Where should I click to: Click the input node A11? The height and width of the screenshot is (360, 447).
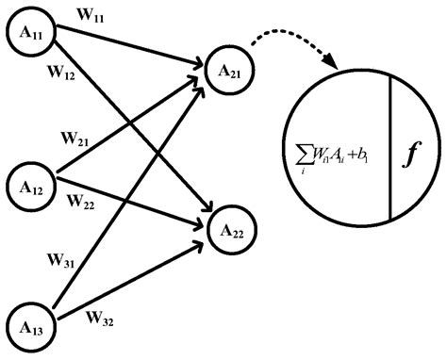click(32, 34)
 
